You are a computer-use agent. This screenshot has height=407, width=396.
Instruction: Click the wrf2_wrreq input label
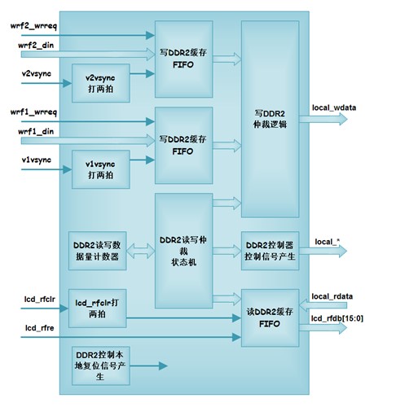[x=33, y=26]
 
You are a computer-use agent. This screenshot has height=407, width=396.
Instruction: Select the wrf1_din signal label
[x=36, y=132]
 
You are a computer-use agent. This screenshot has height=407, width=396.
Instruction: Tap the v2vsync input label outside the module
[x=37, y=74]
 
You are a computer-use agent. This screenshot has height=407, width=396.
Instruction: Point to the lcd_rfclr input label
[x=40, y=299]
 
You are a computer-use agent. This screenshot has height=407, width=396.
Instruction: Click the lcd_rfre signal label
[x=40, y=328]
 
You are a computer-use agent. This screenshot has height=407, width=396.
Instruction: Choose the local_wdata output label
[x=334, y=107]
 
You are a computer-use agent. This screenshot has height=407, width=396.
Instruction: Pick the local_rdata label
[x=332, y=296]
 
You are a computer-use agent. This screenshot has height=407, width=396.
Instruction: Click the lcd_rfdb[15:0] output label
[x=337, y=318]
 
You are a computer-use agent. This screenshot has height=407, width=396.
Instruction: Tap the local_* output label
[x=328, y=242]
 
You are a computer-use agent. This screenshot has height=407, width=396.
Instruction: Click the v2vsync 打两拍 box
[x=101, y=83]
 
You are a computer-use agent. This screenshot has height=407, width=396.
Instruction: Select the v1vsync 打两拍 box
[x=101, y=169]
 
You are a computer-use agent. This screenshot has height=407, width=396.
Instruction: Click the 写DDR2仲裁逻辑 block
[x=271, y=119]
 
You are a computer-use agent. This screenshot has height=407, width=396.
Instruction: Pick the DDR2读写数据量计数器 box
[x=97, y=251]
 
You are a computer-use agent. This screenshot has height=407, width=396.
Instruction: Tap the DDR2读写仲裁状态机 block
[x=183, y=251]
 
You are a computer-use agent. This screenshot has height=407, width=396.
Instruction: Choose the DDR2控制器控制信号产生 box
[x=271, y=251]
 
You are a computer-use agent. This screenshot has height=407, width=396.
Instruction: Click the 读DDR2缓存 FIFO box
[x=271, y=318]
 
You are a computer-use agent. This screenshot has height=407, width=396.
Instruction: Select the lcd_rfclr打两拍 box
[x=97, y=309]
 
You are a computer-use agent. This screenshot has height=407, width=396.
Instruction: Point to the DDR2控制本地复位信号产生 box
[x=101, y=365]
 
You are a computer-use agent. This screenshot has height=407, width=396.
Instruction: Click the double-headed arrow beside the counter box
[x=141, y=251]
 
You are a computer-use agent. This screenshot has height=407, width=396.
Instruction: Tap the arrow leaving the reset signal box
[x=148, y=365]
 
